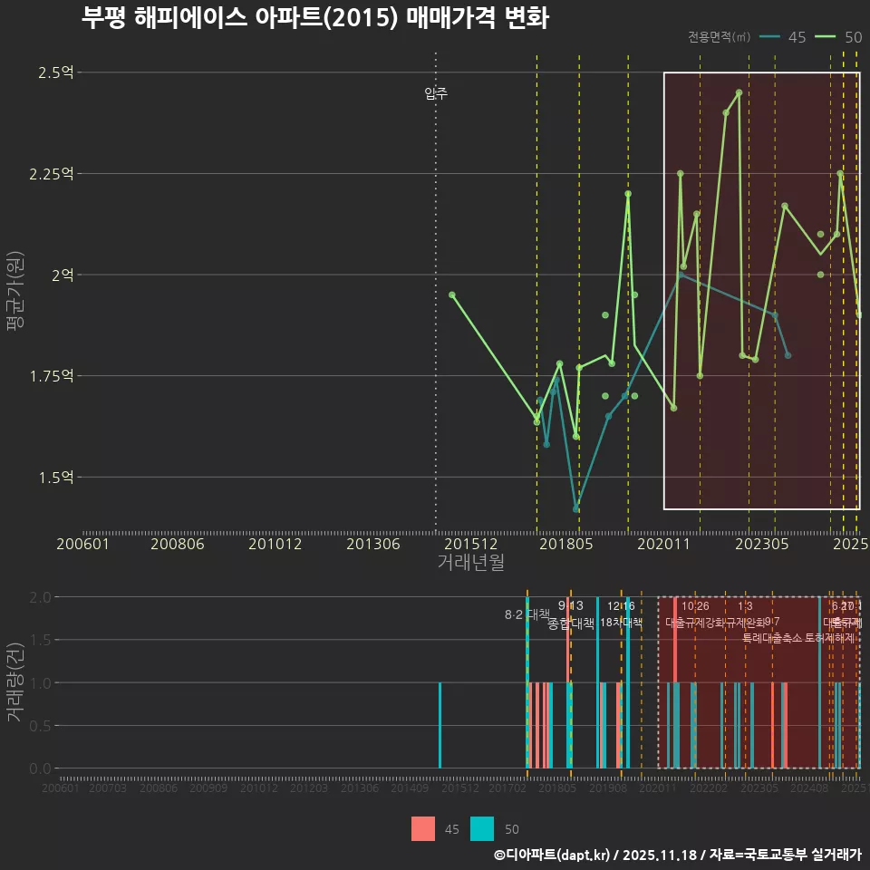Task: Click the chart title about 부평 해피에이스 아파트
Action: tap(314, 18)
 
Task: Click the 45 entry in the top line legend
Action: tap(797, 37)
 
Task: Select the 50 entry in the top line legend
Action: tap(852, 37)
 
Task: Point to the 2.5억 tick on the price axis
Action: tap(56, 72)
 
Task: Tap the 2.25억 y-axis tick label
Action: tap(51, 174)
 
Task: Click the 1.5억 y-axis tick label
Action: tap(56, 477)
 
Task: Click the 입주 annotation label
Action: tap(436, 93)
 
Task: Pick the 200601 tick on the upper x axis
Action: tap(83, 544)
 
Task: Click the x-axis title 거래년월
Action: tap(470, 563)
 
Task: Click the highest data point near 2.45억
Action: tap(739, 92)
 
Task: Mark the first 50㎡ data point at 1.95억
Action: tap(452, 295)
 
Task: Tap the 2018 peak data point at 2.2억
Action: tap(628, 194)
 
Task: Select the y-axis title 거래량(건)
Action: tap(14, 682)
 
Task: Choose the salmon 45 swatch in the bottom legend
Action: tap(423, 828)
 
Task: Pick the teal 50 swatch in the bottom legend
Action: tap(483, 828)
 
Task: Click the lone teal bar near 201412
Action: tap(440, 725)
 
